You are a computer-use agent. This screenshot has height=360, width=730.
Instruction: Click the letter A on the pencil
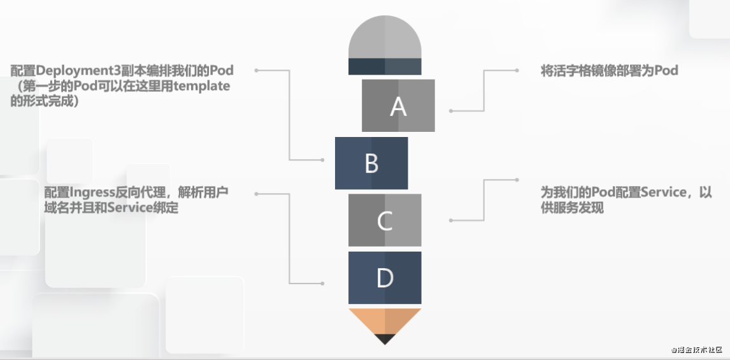[x=398, y=106]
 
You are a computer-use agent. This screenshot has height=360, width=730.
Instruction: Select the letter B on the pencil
[x=371, y=164]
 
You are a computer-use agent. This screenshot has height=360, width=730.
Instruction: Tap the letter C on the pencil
[x=385, y=220]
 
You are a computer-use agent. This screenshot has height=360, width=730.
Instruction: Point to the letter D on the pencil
[x=385, y=278]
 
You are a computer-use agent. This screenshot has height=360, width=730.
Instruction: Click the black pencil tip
[x=385, y=339]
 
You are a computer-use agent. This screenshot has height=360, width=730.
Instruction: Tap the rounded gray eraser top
[x=385, y=37]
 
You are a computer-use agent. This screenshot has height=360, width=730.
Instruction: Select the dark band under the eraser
[x=385, y=67]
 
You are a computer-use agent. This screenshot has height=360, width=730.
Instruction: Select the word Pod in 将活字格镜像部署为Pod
[x=666, y=70]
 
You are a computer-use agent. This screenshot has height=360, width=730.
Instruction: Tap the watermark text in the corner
[x=696, y=350]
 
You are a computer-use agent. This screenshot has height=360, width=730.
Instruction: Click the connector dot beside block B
[x=322, y=160]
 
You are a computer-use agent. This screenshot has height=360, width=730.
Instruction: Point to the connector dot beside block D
[x=322, y=283]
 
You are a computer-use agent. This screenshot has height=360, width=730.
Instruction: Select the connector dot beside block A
[x=450, y=111]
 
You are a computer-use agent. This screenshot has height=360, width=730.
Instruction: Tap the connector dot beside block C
[x=450, y=220]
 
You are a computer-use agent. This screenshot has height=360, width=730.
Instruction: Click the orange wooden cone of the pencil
[x=385, y=321]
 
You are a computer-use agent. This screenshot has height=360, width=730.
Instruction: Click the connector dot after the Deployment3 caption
[x=256, y=70]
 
